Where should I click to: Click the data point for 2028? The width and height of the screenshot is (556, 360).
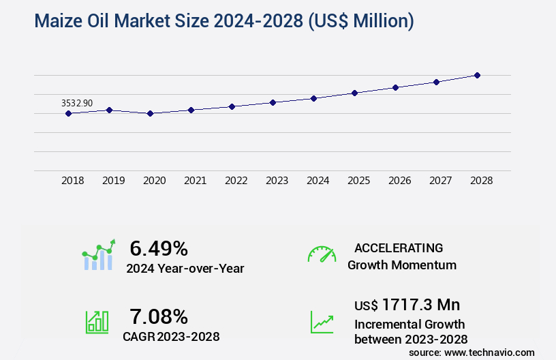tap(477, 75)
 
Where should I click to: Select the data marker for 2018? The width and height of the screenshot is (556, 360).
tap(68, 113)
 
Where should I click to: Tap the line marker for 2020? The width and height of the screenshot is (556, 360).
tap(150, 113)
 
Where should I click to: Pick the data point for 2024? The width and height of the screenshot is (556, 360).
tap(313, 98)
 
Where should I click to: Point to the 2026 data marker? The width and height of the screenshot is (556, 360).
tap(395, 87)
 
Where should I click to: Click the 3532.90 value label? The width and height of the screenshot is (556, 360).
tap(77, 103)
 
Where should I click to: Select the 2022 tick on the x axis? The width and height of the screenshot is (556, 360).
tap(236, 181)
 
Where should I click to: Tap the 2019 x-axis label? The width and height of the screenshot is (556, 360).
tap(113, 181)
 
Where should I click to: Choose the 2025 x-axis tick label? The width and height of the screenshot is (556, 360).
tap(358, 181)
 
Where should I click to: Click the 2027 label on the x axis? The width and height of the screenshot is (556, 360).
tap(440, 181)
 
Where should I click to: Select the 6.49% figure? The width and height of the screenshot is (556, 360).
tap(159, 248)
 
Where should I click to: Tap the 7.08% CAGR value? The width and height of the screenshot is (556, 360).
tap(159, 316)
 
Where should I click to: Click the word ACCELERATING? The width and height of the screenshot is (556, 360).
tap(399, 247)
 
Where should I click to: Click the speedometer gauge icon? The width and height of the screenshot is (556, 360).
tap(322, 254)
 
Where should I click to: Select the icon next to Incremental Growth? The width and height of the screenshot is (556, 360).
tap(322, 322)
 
